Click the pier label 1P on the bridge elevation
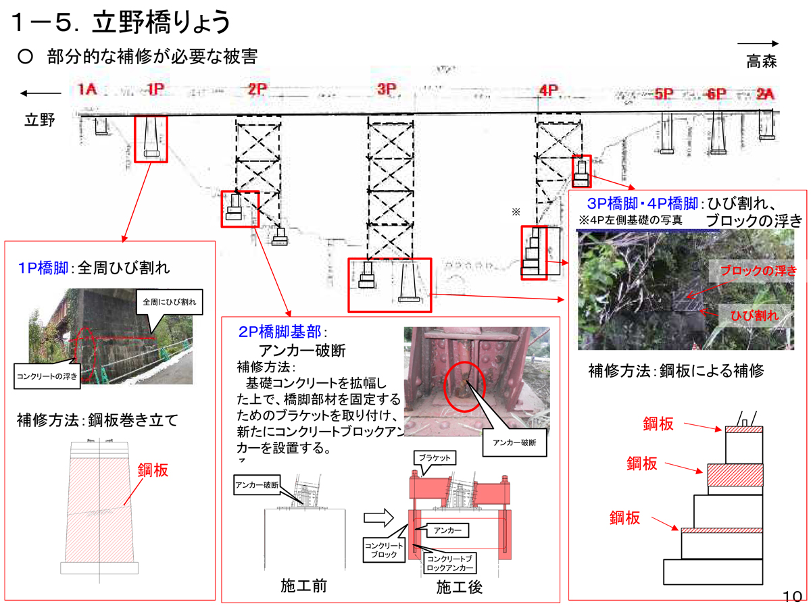[x=155, y=90]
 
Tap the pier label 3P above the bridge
[x=386, y=89]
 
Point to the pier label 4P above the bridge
[x=547, y=91]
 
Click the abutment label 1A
[x=89, y=90]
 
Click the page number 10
[x=792, y=596]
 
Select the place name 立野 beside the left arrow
[x=39, y=120]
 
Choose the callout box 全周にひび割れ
[x=169, y=301]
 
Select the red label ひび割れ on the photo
[x=754, y=315]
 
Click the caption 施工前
[x=303, y=585]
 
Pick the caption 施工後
[x=459, y=586]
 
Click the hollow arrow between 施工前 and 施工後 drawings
[x=379, y=518]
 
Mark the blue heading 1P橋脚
[x=43, y=268]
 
